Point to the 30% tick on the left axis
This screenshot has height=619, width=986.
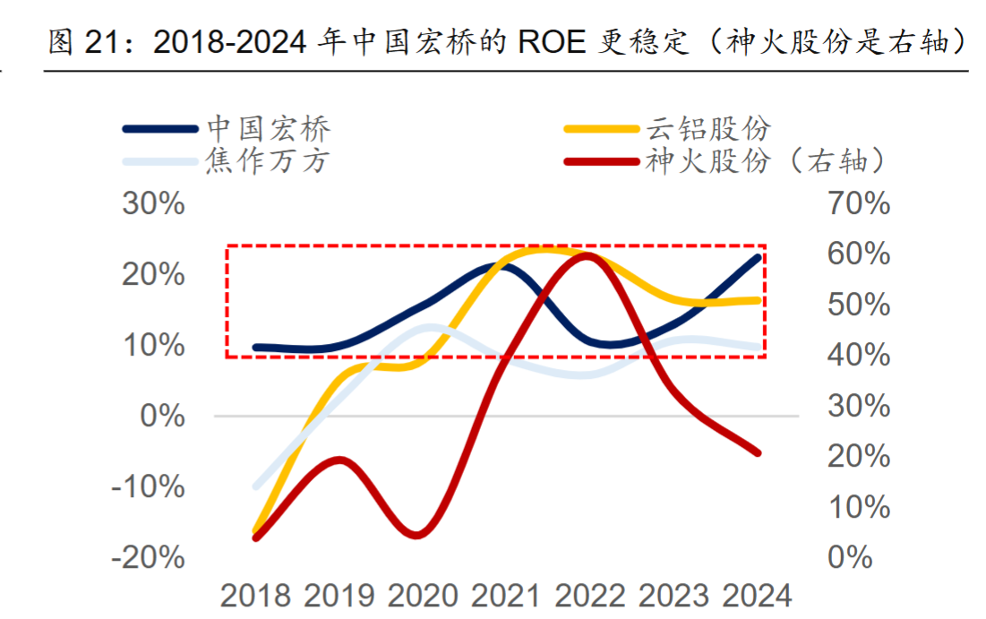pos(153,204)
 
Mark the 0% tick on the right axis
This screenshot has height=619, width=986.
pos(849,557)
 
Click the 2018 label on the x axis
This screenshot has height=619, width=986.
pos(256,596)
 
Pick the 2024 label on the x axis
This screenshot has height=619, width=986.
pos(758,596)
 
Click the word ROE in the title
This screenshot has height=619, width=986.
pos(553,42)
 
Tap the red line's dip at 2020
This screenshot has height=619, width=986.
pos(417,536)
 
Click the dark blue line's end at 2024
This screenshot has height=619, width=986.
pos(759,258)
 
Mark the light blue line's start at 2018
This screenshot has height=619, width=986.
pos(256,486)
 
